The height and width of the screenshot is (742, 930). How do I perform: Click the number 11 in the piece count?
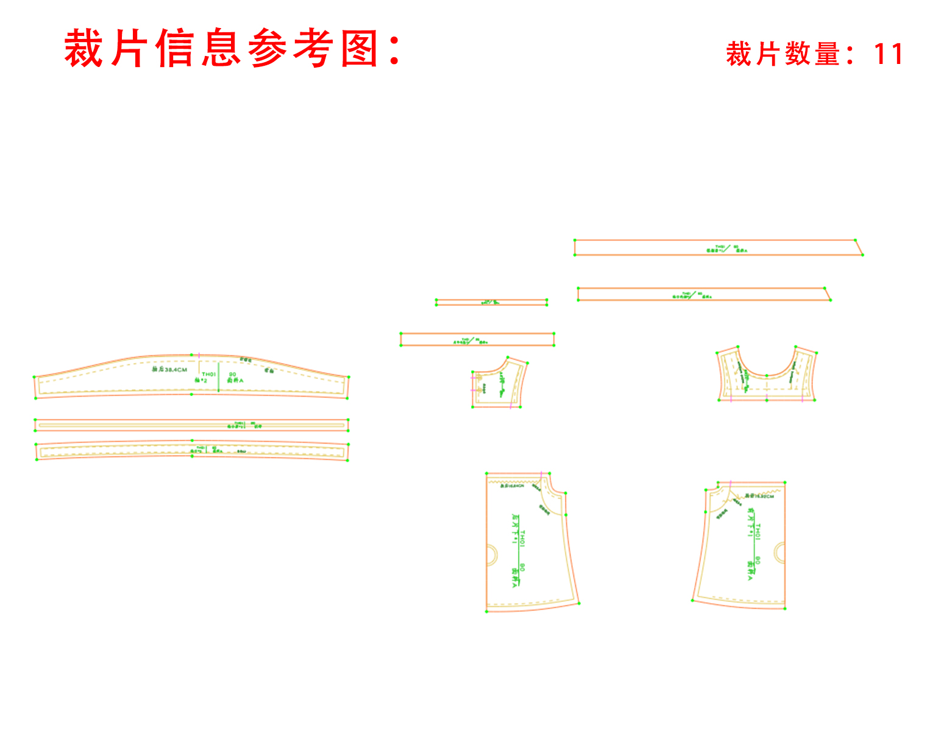tap(888, 54)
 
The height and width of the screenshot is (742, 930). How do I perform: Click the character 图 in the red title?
tap(360, 48)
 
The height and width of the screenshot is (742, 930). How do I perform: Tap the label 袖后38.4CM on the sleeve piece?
tap(169, 369)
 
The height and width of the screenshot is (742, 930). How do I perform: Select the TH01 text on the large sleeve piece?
tap(208, 374)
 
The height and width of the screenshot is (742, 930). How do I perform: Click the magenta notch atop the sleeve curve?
tap(199, 355)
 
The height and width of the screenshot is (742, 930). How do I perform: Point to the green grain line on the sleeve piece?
tap(219, 378)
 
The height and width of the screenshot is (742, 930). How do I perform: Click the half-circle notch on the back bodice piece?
tap(491, 556)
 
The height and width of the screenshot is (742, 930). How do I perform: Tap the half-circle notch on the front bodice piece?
tap(779, 552)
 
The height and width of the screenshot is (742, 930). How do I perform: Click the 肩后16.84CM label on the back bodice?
tap(512, 486)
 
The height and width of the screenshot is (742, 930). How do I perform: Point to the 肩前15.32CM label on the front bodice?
tap(759, 496)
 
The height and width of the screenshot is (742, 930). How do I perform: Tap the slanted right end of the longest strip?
tap(859, 247)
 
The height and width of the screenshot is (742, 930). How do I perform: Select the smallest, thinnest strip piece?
tap(491, 302)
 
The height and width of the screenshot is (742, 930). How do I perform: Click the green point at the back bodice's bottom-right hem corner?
tap(578, 604)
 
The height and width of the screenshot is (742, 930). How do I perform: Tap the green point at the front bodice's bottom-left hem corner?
tap(693, 601)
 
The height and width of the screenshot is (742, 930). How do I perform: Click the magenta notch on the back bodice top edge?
tap(542, 473)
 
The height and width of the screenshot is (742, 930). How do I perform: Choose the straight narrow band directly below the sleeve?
tap(191, 425)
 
